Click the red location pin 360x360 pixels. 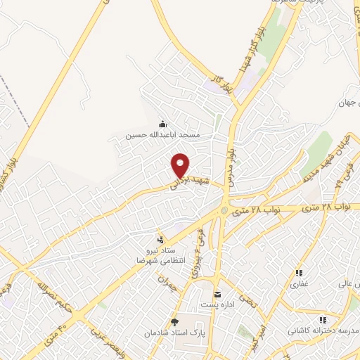coord(181,165)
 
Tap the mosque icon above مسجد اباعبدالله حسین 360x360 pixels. coord(163,124)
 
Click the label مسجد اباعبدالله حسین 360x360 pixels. coord(163,134)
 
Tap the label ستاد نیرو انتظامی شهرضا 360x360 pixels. coord(160,255)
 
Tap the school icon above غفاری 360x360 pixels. coord(299,273)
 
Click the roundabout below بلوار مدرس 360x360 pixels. coord(224,210)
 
